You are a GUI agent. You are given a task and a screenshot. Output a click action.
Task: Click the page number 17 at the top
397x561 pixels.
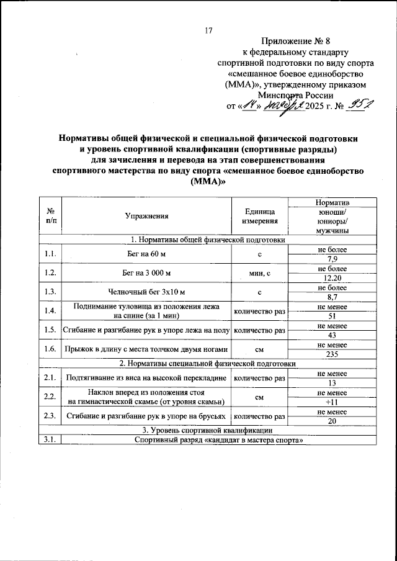click(208, 31)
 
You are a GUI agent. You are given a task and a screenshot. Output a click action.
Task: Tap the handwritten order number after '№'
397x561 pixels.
click(357, 106)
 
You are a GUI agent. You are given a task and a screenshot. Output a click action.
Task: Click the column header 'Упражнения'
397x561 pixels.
click(146, 217)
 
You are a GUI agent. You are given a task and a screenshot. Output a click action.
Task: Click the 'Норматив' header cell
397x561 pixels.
click(332, 203)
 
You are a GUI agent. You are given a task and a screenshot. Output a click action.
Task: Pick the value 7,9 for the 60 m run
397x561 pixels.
click(332, 259)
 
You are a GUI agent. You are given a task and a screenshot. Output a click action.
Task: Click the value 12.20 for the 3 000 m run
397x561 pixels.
click(332, 278)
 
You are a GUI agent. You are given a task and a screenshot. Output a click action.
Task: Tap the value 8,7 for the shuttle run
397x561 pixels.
click(332, 297)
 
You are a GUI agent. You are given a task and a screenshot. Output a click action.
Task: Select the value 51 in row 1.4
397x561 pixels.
click(332, 315)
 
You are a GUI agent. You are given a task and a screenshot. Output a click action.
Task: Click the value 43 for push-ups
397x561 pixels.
click(332, 334)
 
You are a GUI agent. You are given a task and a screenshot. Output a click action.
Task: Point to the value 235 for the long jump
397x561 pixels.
click(332, 353)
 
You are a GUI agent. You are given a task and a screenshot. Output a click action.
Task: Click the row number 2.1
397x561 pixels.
click(50, 377)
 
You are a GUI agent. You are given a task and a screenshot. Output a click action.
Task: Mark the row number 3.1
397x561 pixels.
click(50, 440)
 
